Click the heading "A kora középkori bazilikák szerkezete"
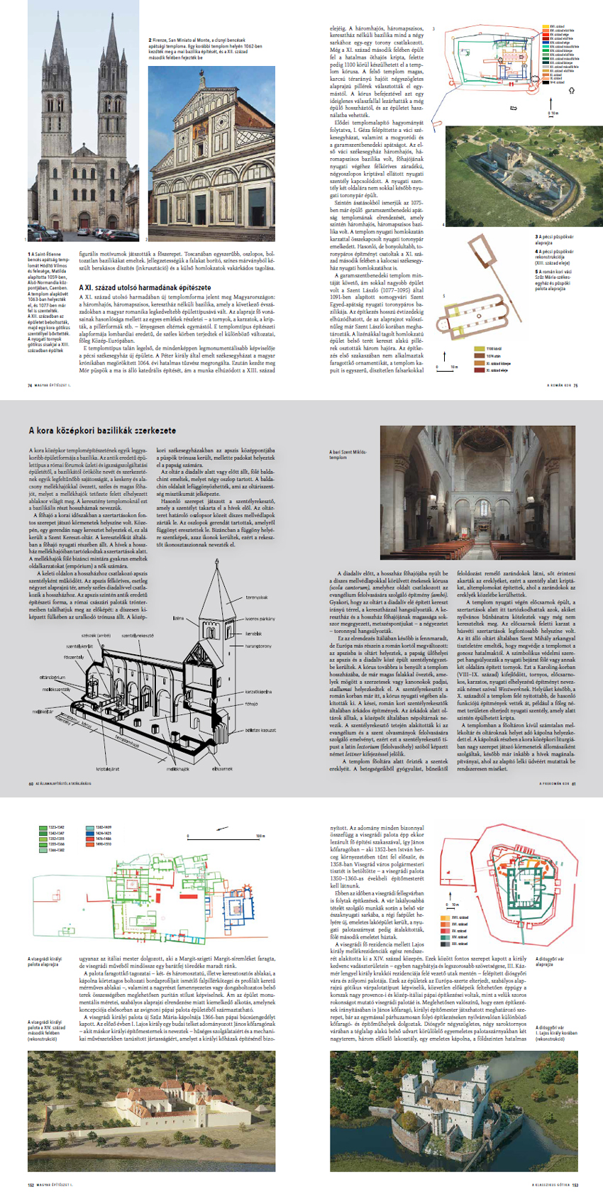click(102, 430)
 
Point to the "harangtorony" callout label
click(258, 646)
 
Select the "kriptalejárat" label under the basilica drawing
click(108, 768)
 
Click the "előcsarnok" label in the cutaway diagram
click(222, 768)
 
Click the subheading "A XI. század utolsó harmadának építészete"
click(135, 287)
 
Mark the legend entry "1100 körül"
click(494, 349)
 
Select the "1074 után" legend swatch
click(480, 356)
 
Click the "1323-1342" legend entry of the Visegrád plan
click(56, 827)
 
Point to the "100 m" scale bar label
click(260, 836)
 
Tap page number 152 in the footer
click(31, 1184)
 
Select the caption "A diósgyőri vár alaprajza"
click(550, 961)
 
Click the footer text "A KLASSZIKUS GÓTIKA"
click(551, 1184)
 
